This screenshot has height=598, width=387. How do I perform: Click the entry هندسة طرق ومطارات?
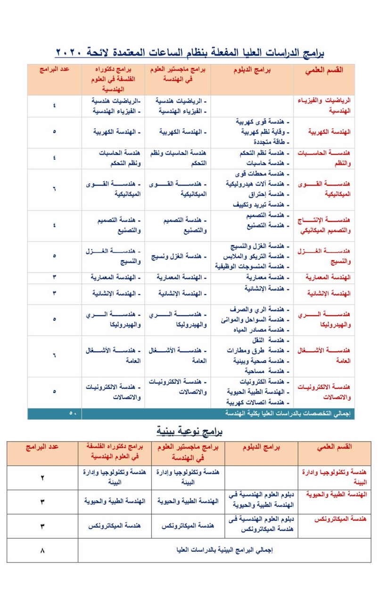click(261, 351)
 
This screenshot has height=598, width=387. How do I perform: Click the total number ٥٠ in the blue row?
click(73, 413)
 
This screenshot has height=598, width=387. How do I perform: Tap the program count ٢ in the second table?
click(42, 477)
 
